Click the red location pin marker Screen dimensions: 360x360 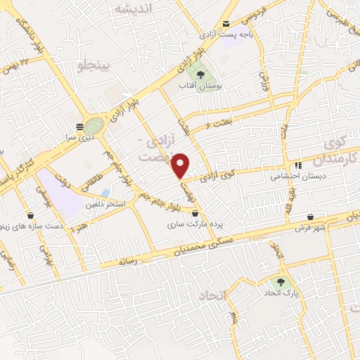tap(181, 165)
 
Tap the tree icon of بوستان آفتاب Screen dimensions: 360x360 tap(201, 75)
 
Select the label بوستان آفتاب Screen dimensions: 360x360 tap(201, 86)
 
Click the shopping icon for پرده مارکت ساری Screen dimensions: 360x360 tap(195, 214)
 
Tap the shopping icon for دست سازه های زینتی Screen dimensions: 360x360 tap(30, 215)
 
